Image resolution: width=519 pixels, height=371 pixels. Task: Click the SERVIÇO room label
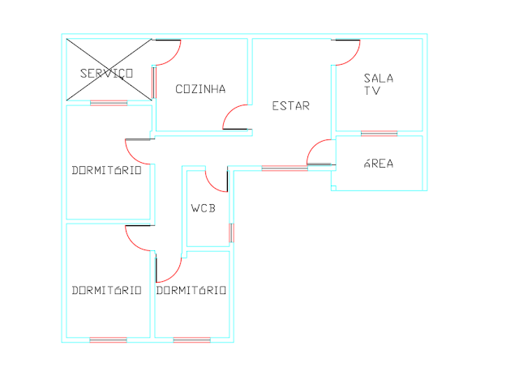pyautogui.click(x=106, y=73)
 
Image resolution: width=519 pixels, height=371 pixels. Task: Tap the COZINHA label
pyautogui.click(x=200, y=89)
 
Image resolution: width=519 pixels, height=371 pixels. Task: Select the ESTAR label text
pyautogui.click(x=290, y=105)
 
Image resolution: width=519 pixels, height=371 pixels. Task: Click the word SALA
pyautogui.click(x=378, y=78)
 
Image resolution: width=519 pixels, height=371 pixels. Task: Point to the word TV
pyautogui.click(x=372, y=92)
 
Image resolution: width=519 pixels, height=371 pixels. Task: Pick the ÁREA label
pyautogui.click(x=378, y=164)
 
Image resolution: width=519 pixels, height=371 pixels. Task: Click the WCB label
pyautogui.click(x=204, y=208)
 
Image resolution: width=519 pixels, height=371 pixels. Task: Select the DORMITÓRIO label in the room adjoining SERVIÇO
pyautogui.click(x=107, y=171)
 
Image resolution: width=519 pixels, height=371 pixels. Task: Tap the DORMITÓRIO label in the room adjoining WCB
pyautogui.click(x=191, y=290)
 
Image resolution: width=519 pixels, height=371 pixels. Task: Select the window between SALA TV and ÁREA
pyautogui.click(x=379, y=133)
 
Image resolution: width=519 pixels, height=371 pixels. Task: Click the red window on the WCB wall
pyautogui.click(x=232, y=232)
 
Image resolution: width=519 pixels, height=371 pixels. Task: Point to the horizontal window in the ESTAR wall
pyautogui.click(x=284, y=168)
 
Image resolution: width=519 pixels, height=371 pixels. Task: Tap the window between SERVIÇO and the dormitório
pyautogui.click(x=109, y=102)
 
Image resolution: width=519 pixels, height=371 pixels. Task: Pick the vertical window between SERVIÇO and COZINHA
pyautogui.click(x=153, y=82)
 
